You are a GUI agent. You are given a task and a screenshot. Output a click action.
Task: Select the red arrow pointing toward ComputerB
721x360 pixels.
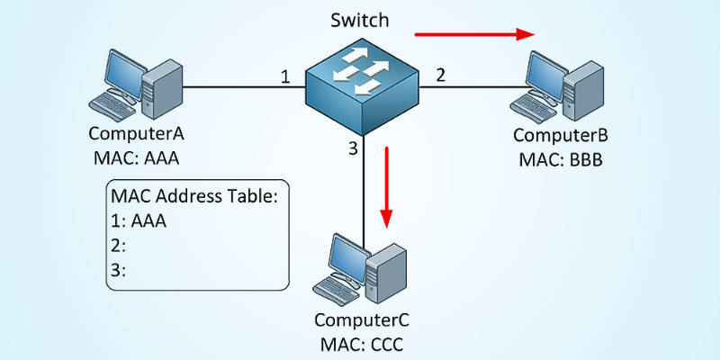pyautogui.click(x=473, y=35)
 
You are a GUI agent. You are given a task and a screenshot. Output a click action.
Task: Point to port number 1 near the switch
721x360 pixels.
pyautogui.click(x=285, y=77)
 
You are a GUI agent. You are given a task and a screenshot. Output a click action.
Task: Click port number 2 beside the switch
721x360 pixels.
pyautogui.click(x=440, y=76)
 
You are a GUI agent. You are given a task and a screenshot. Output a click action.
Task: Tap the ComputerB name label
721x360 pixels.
pyautogui.click(x=560, y=137)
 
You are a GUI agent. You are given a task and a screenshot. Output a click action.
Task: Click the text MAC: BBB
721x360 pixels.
pyautogui.click(x=560, y=160)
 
